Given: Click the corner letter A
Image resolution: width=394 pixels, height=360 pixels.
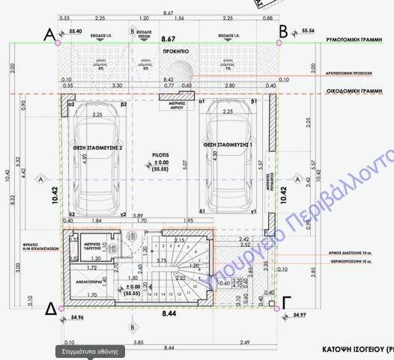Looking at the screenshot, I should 50,33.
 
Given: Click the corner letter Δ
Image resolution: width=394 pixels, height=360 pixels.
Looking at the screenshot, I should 49,308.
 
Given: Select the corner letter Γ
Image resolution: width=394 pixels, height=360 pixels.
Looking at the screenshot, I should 287,303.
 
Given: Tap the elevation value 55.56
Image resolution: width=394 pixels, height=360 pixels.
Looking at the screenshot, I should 306,31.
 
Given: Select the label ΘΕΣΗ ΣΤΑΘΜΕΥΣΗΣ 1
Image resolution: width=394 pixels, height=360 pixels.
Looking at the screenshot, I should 228,143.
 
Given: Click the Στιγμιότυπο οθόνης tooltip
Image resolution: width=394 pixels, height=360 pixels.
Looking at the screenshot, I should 86,351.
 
